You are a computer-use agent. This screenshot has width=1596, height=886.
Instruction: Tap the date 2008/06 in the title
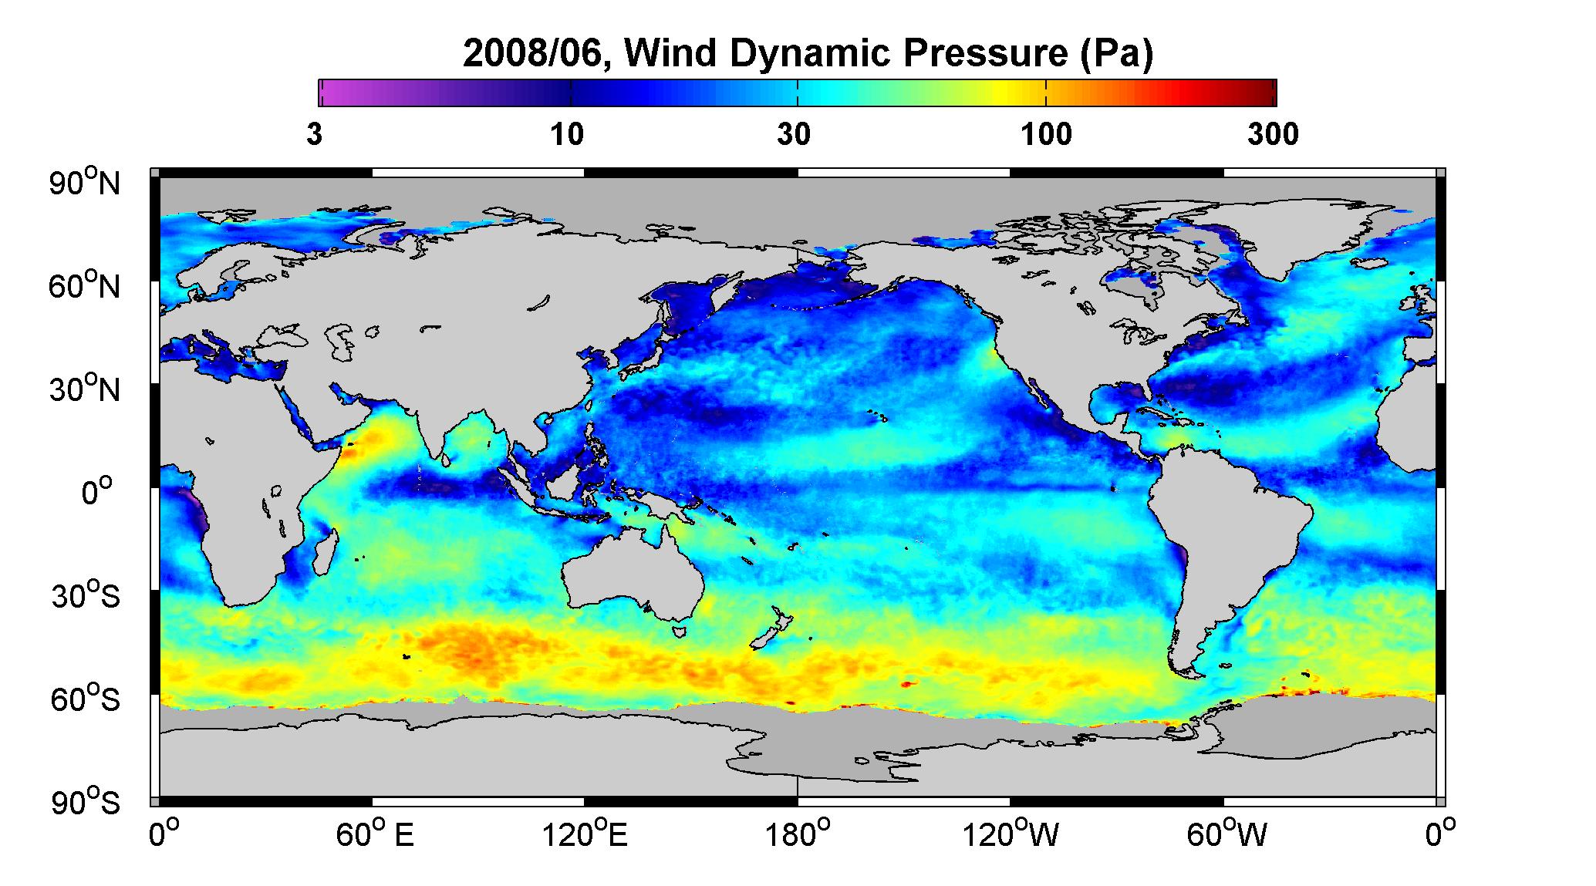pyautogui.click(x=538, y=54)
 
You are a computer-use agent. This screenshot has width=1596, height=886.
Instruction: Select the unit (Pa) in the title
pyautogui.click(x=1114, y=54)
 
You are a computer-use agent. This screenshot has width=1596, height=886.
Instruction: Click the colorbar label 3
pyautogui.click(x=314, y=134)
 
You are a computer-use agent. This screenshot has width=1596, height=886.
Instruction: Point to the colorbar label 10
pyautogui.click(x=567, y=134)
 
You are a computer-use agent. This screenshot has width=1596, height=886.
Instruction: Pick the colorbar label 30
pyautogui.click(x=794, y=134)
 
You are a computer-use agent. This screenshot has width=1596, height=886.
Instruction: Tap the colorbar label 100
pyautogui.click(x=1046, y=134)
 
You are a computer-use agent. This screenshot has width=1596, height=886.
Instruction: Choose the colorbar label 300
pyautogui.click(x=1273, y=134)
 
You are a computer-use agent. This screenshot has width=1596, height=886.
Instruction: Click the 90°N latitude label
pyautogui.click(x=86, y=183)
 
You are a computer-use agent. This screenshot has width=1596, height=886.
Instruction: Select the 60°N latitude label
pyautogui.click(x=86, y=286)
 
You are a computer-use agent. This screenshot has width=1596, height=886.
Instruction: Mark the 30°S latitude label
pyautogui.click(x=86, y=595)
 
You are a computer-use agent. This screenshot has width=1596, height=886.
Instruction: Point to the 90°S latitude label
pyautogui.click(x=86, y=802)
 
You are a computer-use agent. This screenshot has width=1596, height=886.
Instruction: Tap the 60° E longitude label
pyautogui.click(x=374, y=834)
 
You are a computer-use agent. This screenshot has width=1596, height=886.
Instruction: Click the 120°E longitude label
pyautogui.click(x=585, y=834)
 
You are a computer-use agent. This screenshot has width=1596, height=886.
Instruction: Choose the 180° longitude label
pyautogui.click(x=798, y=834)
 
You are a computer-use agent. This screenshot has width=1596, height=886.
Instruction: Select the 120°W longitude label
pyautogui.click(x=1011, y=834)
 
